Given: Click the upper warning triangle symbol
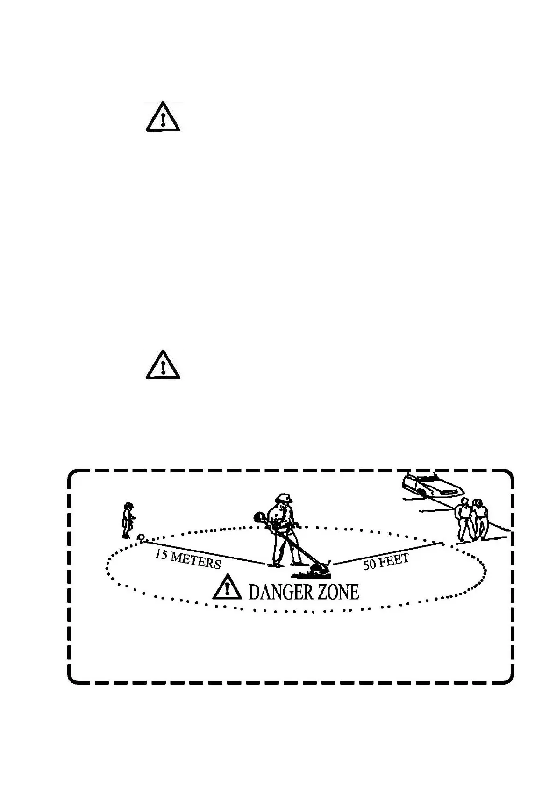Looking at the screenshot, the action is tap(162, 117).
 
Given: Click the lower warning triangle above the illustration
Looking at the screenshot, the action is tap(162, 365).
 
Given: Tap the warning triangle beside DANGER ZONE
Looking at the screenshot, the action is tap(227, 587).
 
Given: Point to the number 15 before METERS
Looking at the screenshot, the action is tap(161, 554).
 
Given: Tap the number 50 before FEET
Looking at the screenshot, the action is tap(370, 565).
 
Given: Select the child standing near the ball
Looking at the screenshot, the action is tap(128, 520).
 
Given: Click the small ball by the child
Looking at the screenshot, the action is tap(141, 537).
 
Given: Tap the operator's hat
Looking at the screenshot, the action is tap(284, 497).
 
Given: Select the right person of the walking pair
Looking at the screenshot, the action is tap(479, 519).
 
